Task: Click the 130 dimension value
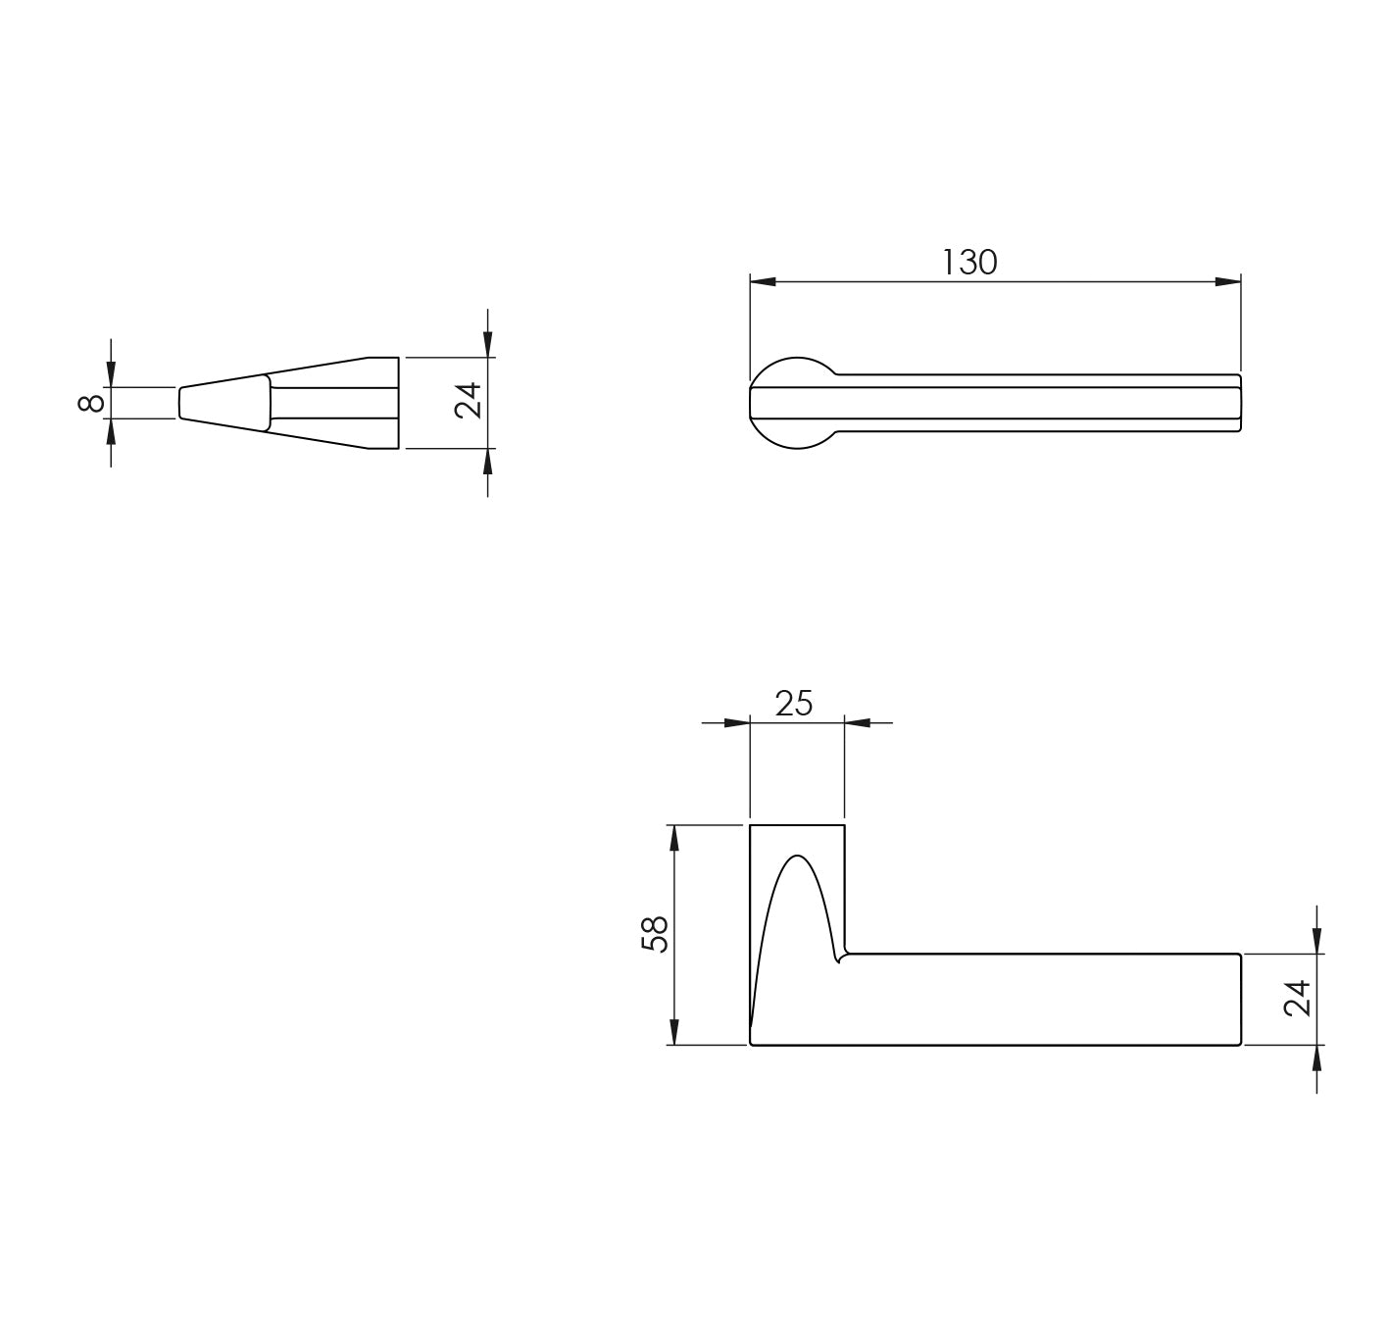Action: (969, 262)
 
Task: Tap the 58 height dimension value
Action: (655, 934)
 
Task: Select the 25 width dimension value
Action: (794, 704)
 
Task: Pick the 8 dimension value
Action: (90, 404)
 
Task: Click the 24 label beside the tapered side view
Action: (469, 401)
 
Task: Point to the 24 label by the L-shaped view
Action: (1297, 998)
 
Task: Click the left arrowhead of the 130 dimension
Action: (763, 282)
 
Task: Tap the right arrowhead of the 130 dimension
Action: (1227, 282)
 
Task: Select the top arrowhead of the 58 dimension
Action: (673, 838)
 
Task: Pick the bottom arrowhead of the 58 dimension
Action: (673, 1032)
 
